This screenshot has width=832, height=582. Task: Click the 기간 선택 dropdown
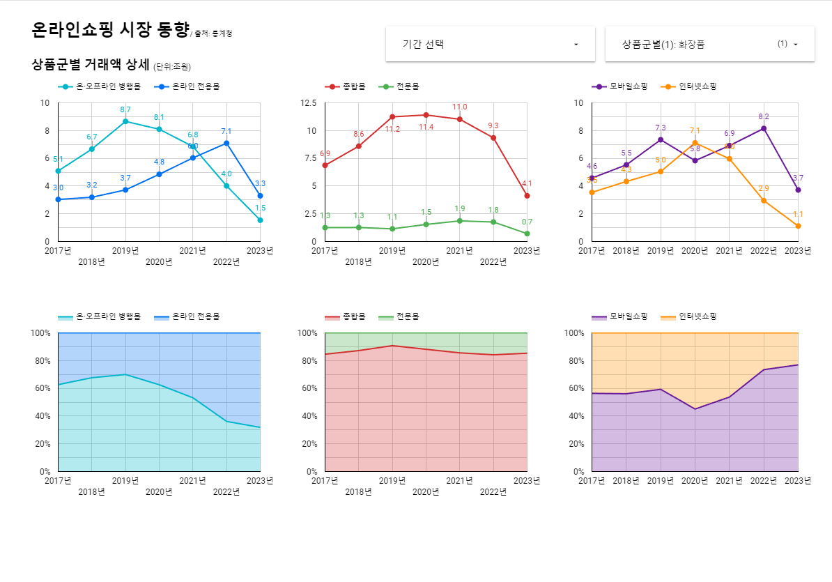coord(490,44)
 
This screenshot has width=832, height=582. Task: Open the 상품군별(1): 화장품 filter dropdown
coord(709,44)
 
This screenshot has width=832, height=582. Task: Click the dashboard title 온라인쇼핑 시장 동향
coord(110,29)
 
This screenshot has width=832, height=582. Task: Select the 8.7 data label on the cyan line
coord(125,109)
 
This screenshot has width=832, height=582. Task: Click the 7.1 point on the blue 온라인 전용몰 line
coord(226,144)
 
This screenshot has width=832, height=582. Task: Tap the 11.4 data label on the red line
coord(426,127)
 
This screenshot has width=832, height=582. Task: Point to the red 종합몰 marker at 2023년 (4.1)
coord(527,196)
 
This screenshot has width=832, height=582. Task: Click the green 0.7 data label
coord(527,222)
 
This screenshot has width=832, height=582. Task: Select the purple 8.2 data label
coord(764,116)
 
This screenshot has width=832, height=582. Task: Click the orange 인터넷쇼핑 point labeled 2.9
coord(764,201)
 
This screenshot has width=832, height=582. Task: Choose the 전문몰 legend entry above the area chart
coord(408,316)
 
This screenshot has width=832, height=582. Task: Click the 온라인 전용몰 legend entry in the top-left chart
coord(196,86)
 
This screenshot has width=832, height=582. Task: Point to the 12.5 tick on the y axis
coord(308,103)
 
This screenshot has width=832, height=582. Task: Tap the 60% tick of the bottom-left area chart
coord(42,388)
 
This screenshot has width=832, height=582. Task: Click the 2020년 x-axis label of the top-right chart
coord(695,251)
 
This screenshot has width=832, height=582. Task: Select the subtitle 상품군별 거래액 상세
coord(91,66)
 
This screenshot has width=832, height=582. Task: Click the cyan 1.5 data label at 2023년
coord(260,208)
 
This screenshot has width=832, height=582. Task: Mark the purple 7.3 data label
coord(661,128)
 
